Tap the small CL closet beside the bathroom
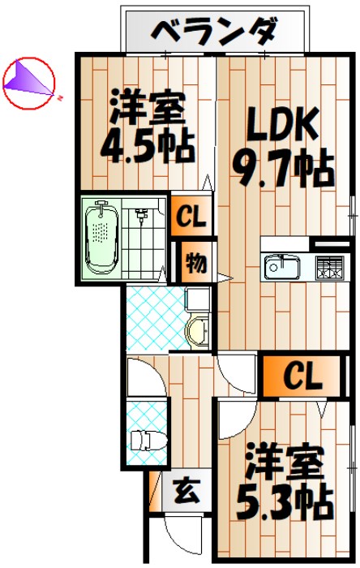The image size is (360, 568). point(191,217)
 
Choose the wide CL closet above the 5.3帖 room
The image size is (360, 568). point(302,377)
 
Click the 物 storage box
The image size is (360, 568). point(195,262)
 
